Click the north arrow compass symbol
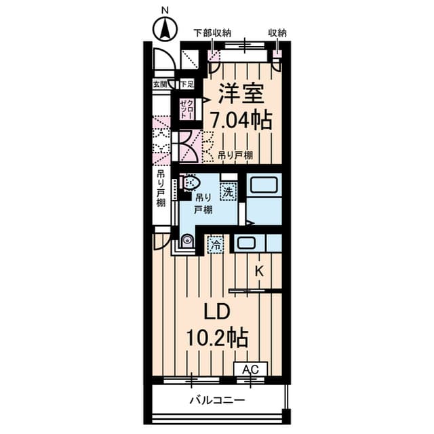coord(163,28)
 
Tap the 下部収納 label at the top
coord(212,32)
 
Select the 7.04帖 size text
coord(241,120)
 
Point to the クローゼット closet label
coord(185,108)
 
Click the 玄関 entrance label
coord(160,84)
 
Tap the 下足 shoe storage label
coord(186,84)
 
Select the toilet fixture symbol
coord(191,183)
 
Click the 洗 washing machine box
coord(229,193)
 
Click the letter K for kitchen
coord(259,271)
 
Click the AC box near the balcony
coord(251,370)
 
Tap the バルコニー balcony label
coord(216,400)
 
